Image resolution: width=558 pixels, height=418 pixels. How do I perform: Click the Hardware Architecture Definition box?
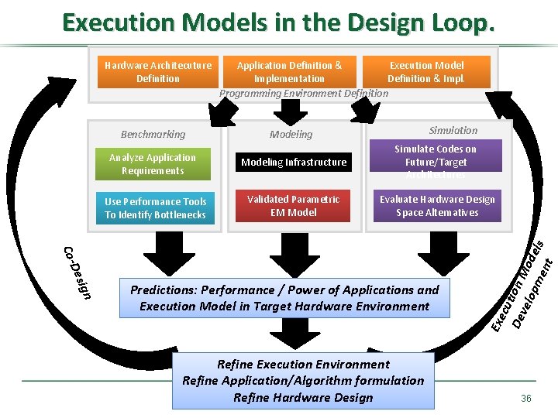click(x=158, y=72)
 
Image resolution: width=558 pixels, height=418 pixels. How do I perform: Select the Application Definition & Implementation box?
click(x=289, y=72)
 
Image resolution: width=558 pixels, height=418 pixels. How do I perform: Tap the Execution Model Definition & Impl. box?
click(x=426, y=72)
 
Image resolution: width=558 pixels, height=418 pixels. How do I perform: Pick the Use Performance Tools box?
click(x=156, y=208)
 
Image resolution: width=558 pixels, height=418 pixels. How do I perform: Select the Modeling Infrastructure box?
click(x=294, y=163)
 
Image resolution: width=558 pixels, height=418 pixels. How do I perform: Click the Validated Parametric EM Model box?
click(x=294, y=206)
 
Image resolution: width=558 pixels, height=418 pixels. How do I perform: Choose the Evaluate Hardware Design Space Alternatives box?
click(x=437, y=206)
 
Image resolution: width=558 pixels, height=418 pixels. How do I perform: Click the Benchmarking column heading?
click(x=153, y=134)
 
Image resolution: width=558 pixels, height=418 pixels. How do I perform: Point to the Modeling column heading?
click(x=291, y=134)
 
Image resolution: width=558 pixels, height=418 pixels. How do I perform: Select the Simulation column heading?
click(x=453, y=130)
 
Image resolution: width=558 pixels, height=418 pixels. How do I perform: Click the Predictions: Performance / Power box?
click(x=284, y=298)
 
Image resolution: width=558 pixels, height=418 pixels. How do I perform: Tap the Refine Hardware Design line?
click(x=303, y=398)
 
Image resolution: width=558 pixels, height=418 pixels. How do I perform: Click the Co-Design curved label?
click(x=77, y=272)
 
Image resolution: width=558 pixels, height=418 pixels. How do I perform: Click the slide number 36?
click(x=526, y=398)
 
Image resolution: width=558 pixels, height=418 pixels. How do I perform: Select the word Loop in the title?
click(x=457, y=23)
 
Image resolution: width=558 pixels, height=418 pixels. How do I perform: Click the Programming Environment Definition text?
click(x=304, y=94)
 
